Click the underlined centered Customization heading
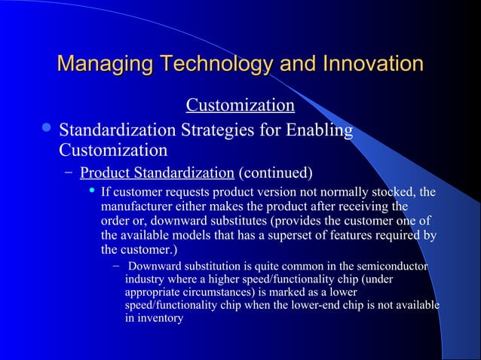point(240,104)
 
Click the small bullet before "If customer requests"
point(92,191)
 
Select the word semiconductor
point(389,267)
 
